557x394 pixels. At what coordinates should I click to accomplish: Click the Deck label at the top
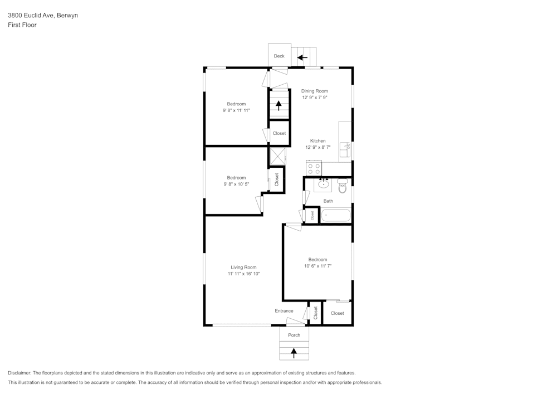click(x=279, y=56)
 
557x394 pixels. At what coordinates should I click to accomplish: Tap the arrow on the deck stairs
click(x=302, y=57)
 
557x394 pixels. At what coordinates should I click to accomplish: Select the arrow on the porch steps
click(x=294, y=352)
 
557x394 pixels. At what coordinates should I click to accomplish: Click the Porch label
click(x=294, y=335)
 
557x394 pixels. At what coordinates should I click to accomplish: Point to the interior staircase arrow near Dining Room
click(x=279, y=105)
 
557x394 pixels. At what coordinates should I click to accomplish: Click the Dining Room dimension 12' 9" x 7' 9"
click(x=315, y=98)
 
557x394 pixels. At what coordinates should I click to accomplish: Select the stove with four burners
click(x=314, y=168)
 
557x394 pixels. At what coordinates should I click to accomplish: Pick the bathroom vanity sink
click(x=324, y=184)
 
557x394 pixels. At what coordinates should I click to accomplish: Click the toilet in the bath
click(x=343, y=187)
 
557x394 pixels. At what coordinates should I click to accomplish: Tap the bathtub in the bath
click(x=336, y=215)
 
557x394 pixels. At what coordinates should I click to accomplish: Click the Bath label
click(x=328, y=201)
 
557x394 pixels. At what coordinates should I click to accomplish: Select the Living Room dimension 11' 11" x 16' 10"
click(x=243, y=274)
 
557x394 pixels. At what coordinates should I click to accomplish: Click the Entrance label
click(x=284, y=311)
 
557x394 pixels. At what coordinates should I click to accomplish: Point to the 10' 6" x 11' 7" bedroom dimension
click(x=317, y=266)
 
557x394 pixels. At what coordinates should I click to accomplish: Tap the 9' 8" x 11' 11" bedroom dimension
click(x=236, y=110)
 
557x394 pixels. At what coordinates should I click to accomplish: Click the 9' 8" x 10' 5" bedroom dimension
click(x=236, y=184)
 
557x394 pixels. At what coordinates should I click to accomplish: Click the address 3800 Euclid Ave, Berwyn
click(x=42, y=16)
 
